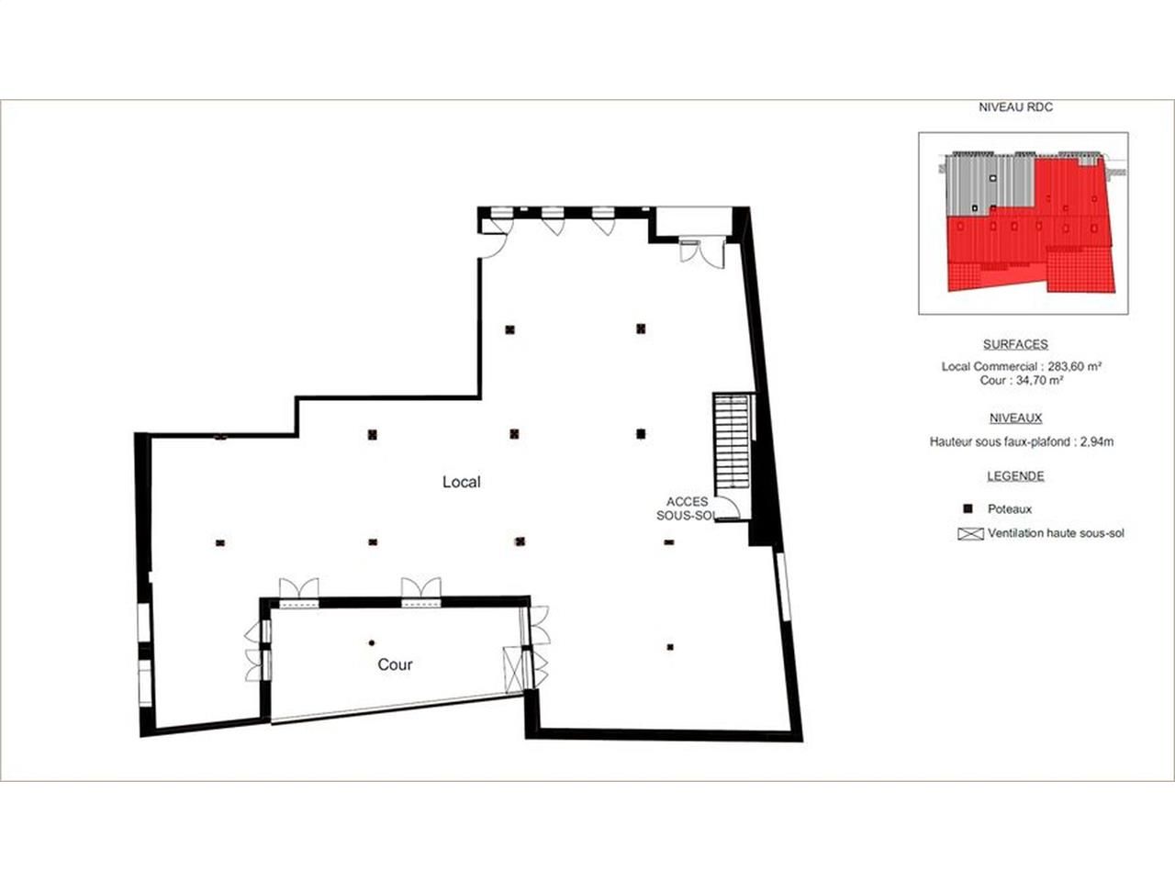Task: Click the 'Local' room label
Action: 461,482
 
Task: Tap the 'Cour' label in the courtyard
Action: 395,665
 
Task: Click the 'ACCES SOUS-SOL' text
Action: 688,508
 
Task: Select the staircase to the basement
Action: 732,440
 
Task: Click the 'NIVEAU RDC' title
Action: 1015,107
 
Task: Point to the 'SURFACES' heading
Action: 1015,344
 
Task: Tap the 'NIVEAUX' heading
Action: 1015,418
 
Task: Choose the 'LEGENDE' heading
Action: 1015,476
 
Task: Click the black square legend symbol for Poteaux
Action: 968,508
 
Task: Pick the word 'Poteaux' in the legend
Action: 1010,509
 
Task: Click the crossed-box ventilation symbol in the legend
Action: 970,534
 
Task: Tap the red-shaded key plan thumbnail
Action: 1023,223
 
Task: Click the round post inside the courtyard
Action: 372,643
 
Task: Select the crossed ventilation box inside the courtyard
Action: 513,670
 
